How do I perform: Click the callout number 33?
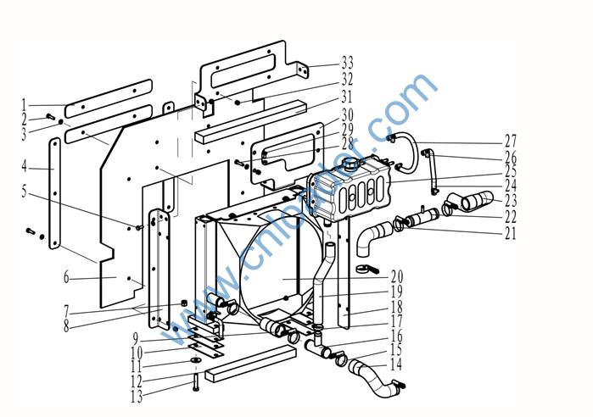pyautogui.click(x=347, y=63)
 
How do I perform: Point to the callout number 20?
pyautogui.click(x=396, y=276)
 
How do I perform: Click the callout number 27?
pyautogui.click(x=510, y=141)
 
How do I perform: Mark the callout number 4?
pyautogui.click(x=25, y=165)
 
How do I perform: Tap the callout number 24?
pyautogui.click(x=510, y=185)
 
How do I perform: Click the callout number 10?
pyautogui.click(x=137, y=352)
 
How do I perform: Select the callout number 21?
pyautogui.click(x=510, y=233)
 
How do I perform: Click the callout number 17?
pyautogui.click(x=396, y=321)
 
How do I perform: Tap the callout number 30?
pyautogui.click(x=347, y=114)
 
